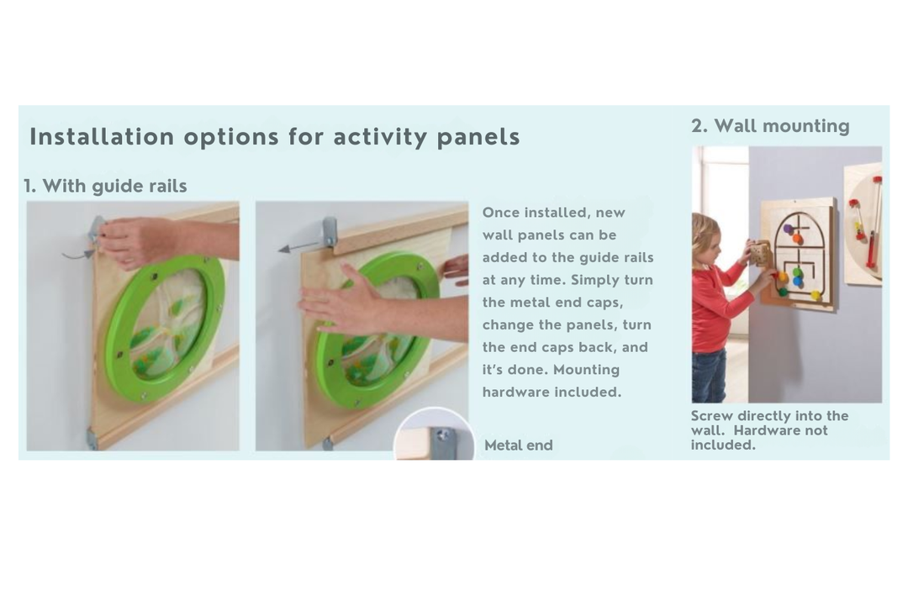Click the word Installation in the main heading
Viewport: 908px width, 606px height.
(x=102, y=137)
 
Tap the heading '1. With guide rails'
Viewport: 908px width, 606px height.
(x=105, y=186)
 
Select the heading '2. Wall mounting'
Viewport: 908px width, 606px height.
(x=770, y=125)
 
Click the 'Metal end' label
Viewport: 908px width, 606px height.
(x=518, y=445)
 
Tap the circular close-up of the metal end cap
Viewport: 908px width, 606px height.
(x=434, y=435)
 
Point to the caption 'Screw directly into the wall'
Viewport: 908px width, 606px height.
(x=769, y=423)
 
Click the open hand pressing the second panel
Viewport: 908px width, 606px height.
(x=347, y=301)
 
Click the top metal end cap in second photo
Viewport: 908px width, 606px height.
(x=329, y=231)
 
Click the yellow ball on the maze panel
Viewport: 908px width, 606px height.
(x=816, y=296)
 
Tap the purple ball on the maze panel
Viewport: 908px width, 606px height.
(x=788, y=229)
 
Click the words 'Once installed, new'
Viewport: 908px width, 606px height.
(x=553, y=213)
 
